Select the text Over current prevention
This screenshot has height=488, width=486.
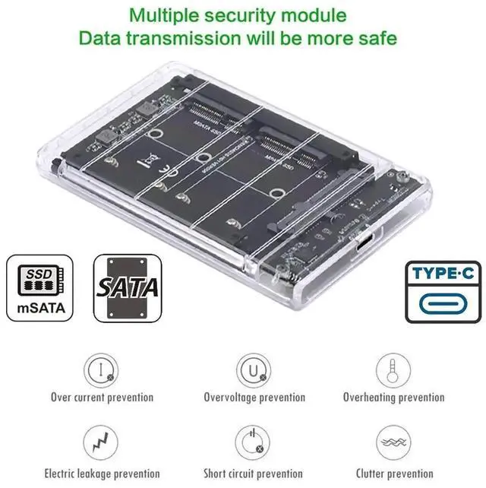[102, 397]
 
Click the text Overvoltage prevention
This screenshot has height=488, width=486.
[254, 397]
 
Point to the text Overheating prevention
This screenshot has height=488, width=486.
[393, 397]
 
